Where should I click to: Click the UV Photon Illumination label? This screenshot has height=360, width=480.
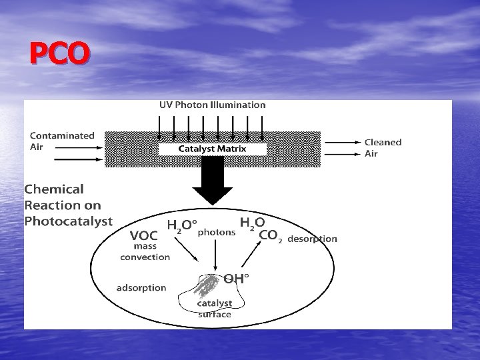(x=212, y=105)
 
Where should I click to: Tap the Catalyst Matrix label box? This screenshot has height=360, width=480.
(x=212, y=149)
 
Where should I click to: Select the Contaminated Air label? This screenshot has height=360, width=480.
(x=62, y=141)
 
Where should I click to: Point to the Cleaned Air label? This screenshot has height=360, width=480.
(x=383, y=147)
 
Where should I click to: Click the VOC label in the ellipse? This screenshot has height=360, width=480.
(x=144, y=235)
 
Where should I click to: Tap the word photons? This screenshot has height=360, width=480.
(x=217, y=233)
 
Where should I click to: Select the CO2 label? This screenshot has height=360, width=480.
(x=270, y=235)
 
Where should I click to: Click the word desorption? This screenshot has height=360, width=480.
(x=313, y=239)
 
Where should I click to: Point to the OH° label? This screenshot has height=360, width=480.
(x=236, y=279)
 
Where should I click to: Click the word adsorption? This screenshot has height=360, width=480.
(x=141, y=288)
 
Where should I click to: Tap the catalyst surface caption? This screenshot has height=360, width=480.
(x=214, y=309)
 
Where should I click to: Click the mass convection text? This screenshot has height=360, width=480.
(x=145, y=251)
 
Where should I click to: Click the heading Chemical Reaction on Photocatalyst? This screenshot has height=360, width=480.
(x=68, y=205)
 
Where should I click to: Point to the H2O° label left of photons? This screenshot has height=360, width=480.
(x=182, y=227)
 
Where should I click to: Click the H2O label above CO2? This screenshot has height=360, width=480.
(x=252, y=223)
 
